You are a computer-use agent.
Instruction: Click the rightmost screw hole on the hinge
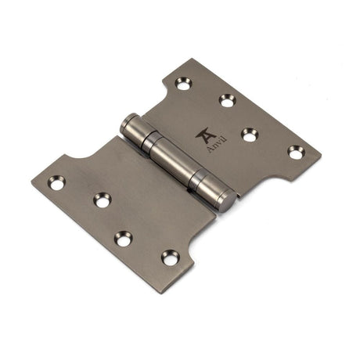coord(295,152)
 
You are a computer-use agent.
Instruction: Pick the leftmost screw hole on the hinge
coord(56,182)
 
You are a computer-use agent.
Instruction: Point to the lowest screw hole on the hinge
coord(170,257)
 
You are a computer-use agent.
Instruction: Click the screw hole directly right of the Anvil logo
coord(250,135)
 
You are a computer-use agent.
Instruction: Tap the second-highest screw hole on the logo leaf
coord(227,100)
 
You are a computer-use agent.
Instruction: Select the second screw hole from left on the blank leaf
coord(103,200)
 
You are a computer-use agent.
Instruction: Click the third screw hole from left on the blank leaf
coord(124,238)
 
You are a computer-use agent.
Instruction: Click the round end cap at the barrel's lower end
coord(225,204)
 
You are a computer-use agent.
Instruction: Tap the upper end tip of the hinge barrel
coord(125,123)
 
